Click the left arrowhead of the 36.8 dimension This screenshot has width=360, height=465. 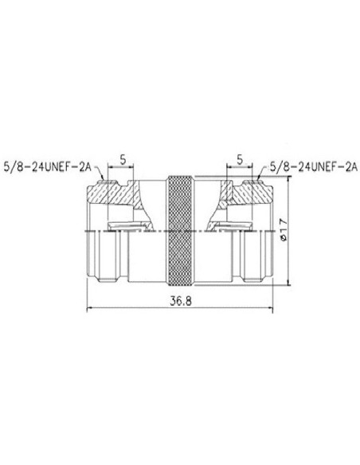(88, 310)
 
